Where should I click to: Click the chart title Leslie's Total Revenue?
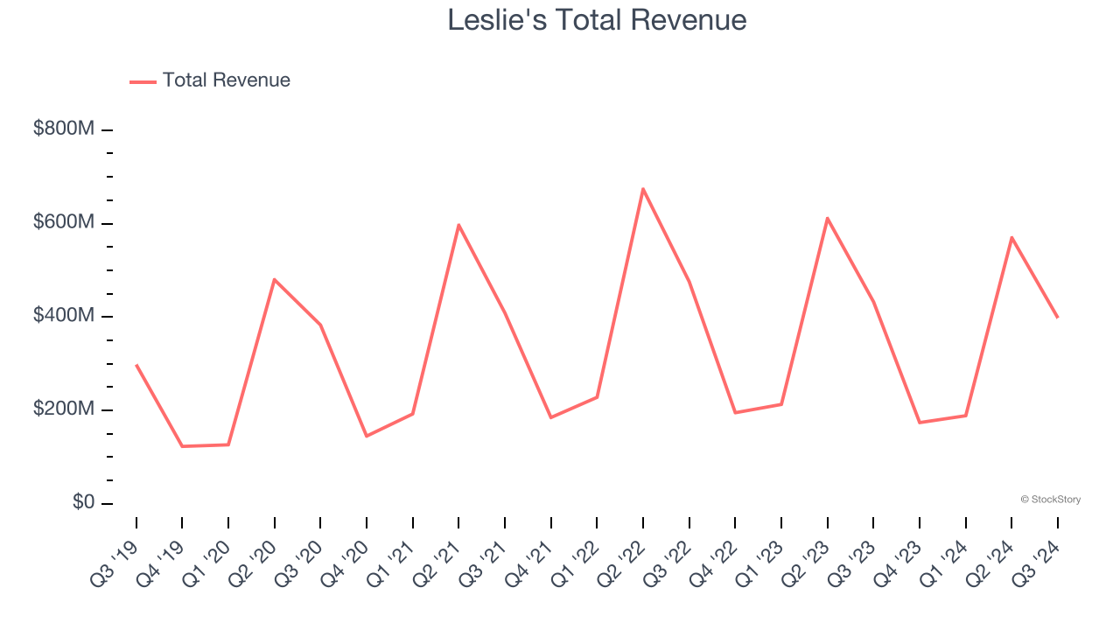pyautogui.click(x=597, y=20)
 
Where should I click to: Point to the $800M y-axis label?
pyautogui.click(x=64, y=129)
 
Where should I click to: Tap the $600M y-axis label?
pyautogui.click(x=64, y=222)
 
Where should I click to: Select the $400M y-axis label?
pyautogui.click(x=64, y=316)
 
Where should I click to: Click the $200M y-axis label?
pyautogui.click(x=64, y=409)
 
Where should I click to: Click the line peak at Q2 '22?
pyautogui.click(x=643, y=189)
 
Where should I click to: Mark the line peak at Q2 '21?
pyautogui.click(x=458, y=225)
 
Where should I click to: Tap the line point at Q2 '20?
pyautogui.click(x=275, y=279)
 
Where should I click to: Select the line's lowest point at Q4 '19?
pyautogui.click(x=182, y=446)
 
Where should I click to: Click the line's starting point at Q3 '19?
pyautogui.click(x=136, y=365)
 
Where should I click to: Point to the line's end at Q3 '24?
pyautogui.click(x=1057, y=317)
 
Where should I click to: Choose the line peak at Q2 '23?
pyautogui.click(x=827, y=218)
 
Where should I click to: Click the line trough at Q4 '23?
pyautogui.click(x=919, y=423)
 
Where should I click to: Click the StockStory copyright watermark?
pyautogui.click(x=1050, y=500)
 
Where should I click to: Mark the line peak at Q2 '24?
pyautogui.click(x=1011, y=237)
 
